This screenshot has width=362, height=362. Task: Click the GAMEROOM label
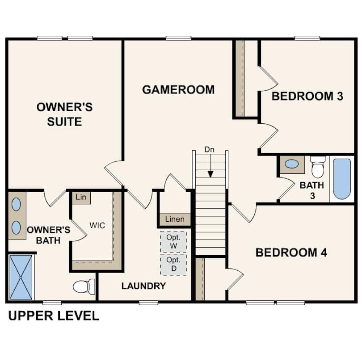pyautogui.click(x=178, y=89)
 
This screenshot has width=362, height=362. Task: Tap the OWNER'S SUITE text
pyautogui.click(x=64, y=114)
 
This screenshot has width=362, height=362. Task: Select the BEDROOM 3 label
pyautogui.click(x=307, y=96)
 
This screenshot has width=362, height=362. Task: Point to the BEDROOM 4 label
pyautogui.click(x=291, y=253)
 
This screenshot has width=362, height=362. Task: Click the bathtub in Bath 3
pyautogui.click(x=342, y=179)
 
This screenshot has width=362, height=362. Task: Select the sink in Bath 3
pyautogui.click(x=292, y=164)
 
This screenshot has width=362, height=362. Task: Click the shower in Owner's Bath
pyautogui.click(x=21, y=277)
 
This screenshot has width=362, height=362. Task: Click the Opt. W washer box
pyautogui.click(x=173, y=241)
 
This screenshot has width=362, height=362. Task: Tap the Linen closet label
pyautogui.click(x=175, y=219)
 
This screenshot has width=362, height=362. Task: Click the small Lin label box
pyautogui.click(x=81, y=197)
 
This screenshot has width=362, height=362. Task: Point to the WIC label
pyautogui.click(x=97, y=225)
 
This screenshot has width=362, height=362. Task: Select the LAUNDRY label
pyautogui.click(x=143, y=286)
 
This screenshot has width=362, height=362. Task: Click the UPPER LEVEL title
pyautogui.click(x=54, y=316)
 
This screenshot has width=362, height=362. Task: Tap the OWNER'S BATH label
pyautogui.click(x=48, y=235)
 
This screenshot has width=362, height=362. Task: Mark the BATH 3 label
pyautogui.click(x=311, y=190)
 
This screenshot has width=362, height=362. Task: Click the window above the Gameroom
pyautogui.click(x=178, y=38)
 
